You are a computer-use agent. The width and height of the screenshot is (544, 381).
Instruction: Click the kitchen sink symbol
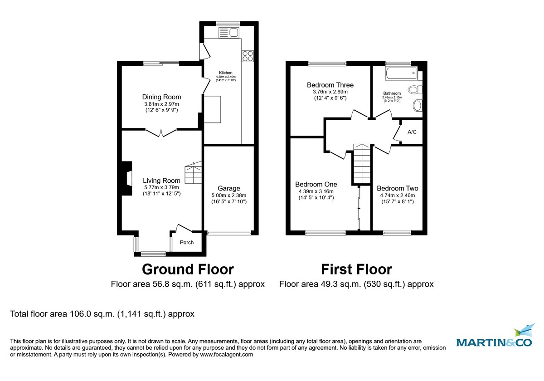(x=229, y=32)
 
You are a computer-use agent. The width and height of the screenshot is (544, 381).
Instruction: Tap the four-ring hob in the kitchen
(x=248, y=56)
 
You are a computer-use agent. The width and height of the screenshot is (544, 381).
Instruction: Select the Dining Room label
(x=161, y=97)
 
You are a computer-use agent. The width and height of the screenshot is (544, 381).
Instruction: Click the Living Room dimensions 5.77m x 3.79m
(x=161, y=187)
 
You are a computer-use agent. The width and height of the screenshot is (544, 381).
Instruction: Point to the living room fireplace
(x=125, y=179)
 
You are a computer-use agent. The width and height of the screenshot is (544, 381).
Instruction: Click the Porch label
(x=187, y=242)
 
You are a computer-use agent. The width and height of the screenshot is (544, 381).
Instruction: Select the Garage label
(x=228, y=188)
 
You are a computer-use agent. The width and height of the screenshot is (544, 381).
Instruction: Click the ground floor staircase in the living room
(x=193, y=172)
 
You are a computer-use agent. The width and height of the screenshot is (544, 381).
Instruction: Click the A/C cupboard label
(x=412, y=132)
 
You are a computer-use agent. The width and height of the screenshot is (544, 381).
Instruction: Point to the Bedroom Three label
(x=330, y=85)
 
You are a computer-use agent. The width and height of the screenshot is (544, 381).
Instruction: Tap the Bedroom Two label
(x=397, y=188)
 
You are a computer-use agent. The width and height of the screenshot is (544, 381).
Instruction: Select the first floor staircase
(x=362, y=166)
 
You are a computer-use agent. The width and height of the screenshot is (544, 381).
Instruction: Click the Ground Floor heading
(x=188, y=269)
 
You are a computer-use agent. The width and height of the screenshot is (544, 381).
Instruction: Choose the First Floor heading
(x=356, y=269)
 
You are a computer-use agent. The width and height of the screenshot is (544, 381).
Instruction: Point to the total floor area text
(x=102, y=313)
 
